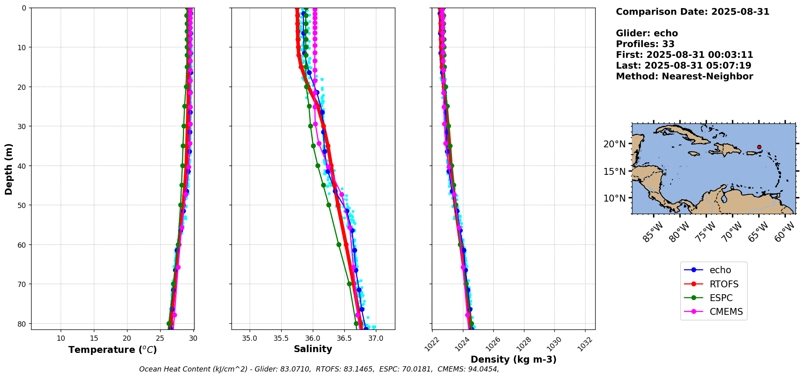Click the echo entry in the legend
[x=720, y=270]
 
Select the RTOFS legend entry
[x=723, y=284]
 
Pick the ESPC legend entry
[x=721, y=298]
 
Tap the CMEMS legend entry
[x=726, y=312]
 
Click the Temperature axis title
[x=112, y=350]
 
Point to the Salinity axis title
[x=313, y=349]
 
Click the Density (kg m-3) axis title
[x=513, y=359]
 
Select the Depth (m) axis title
[x=9, y=169]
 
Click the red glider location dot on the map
[x=759, y=147]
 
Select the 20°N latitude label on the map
[x=614, y=144]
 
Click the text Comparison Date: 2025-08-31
[x=692, y=12]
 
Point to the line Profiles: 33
[x=645, y=44]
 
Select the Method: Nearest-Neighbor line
[x=684, y=76]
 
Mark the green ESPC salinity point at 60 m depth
[x=339, y=244]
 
